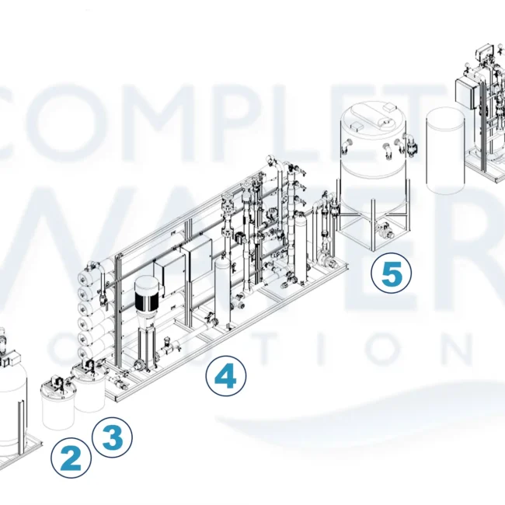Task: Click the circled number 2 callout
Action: click(x=71, y=458)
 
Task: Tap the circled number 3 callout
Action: click(x=112, y=438)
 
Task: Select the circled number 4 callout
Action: click(x=225, y=378)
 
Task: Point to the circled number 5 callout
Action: click(x=391, y=273)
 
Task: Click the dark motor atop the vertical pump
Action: click(x=146, y=294)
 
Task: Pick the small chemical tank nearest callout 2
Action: click(x=57, y=404)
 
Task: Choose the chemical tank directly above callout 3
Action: click(x=89, y=388)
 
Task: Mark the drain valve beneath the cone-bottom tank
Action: click(x=382, y=228)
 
